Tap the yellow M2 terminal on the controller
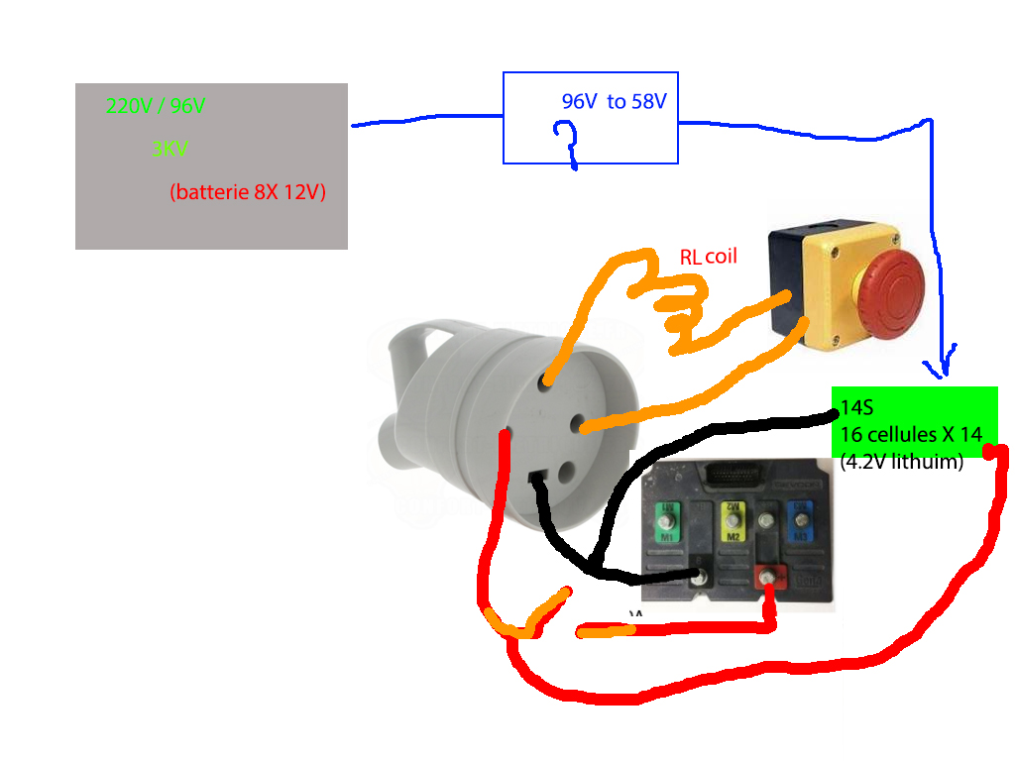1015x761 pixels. click(733, 521)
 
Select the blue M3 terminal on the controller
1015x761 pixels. click(799, 521)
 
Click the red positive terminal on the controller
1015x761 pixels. click(766, 577)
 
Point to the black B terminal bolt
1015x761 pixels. click(703, 576)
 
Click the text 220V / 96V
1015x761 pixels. click(156, 106)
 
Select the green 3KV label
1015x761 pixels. click(169, 150)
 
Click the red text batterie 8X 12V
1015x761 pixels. click(248, 191)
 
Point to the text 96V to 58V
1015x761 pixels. click(615, 101)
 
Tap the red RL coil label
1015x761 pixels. click(709, 257)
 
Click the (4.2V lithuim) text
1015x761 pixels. click(901, 461)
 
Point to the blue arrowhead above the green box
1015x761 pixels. click(944, 364)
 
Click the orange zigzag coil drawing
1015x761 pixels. click(674, 307)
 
